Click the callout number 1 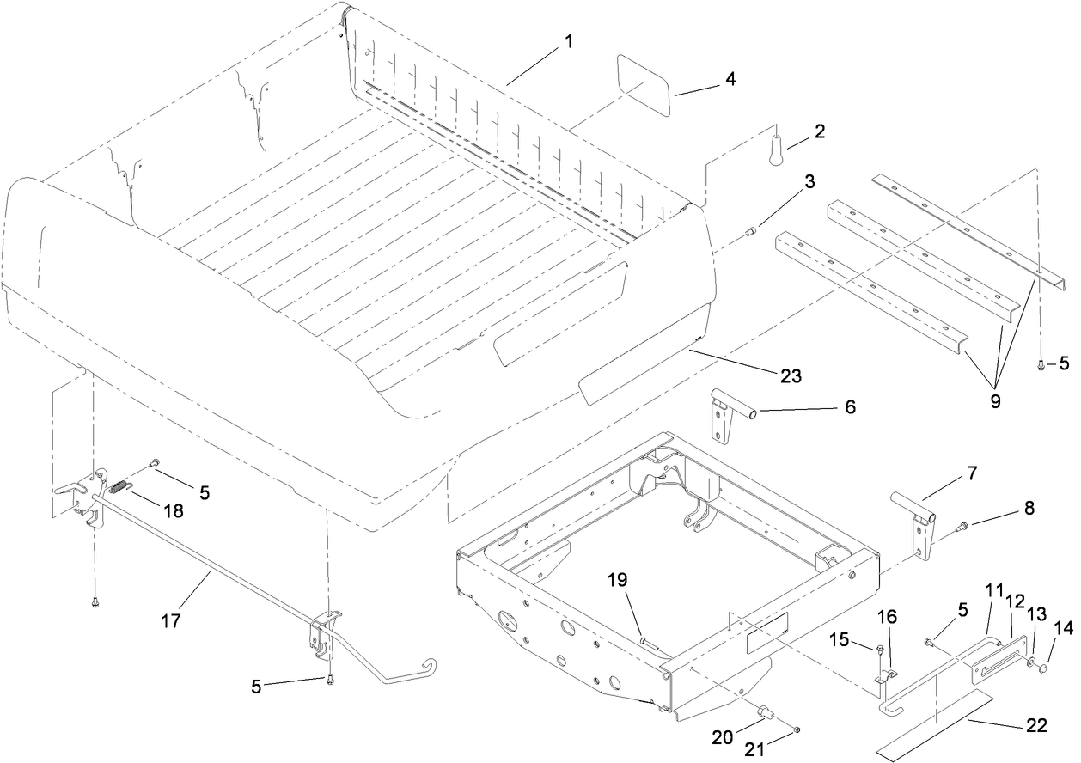point(568,41)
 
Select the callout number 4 point(730,79)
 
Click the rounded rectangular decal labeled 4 point(644,84)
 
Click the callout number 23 point(790,376)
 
